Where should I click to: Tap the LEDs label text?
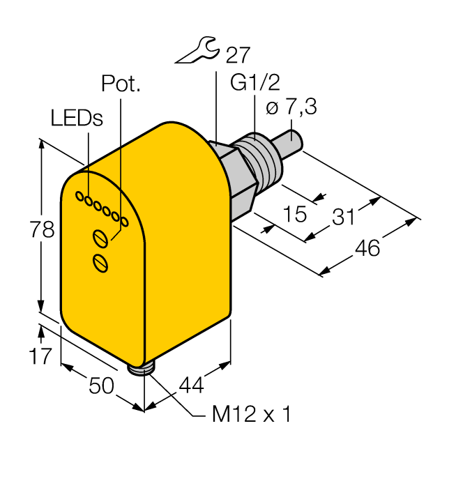pos(77,118)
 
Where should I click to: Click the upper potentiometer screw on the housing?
pos(101,239)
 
